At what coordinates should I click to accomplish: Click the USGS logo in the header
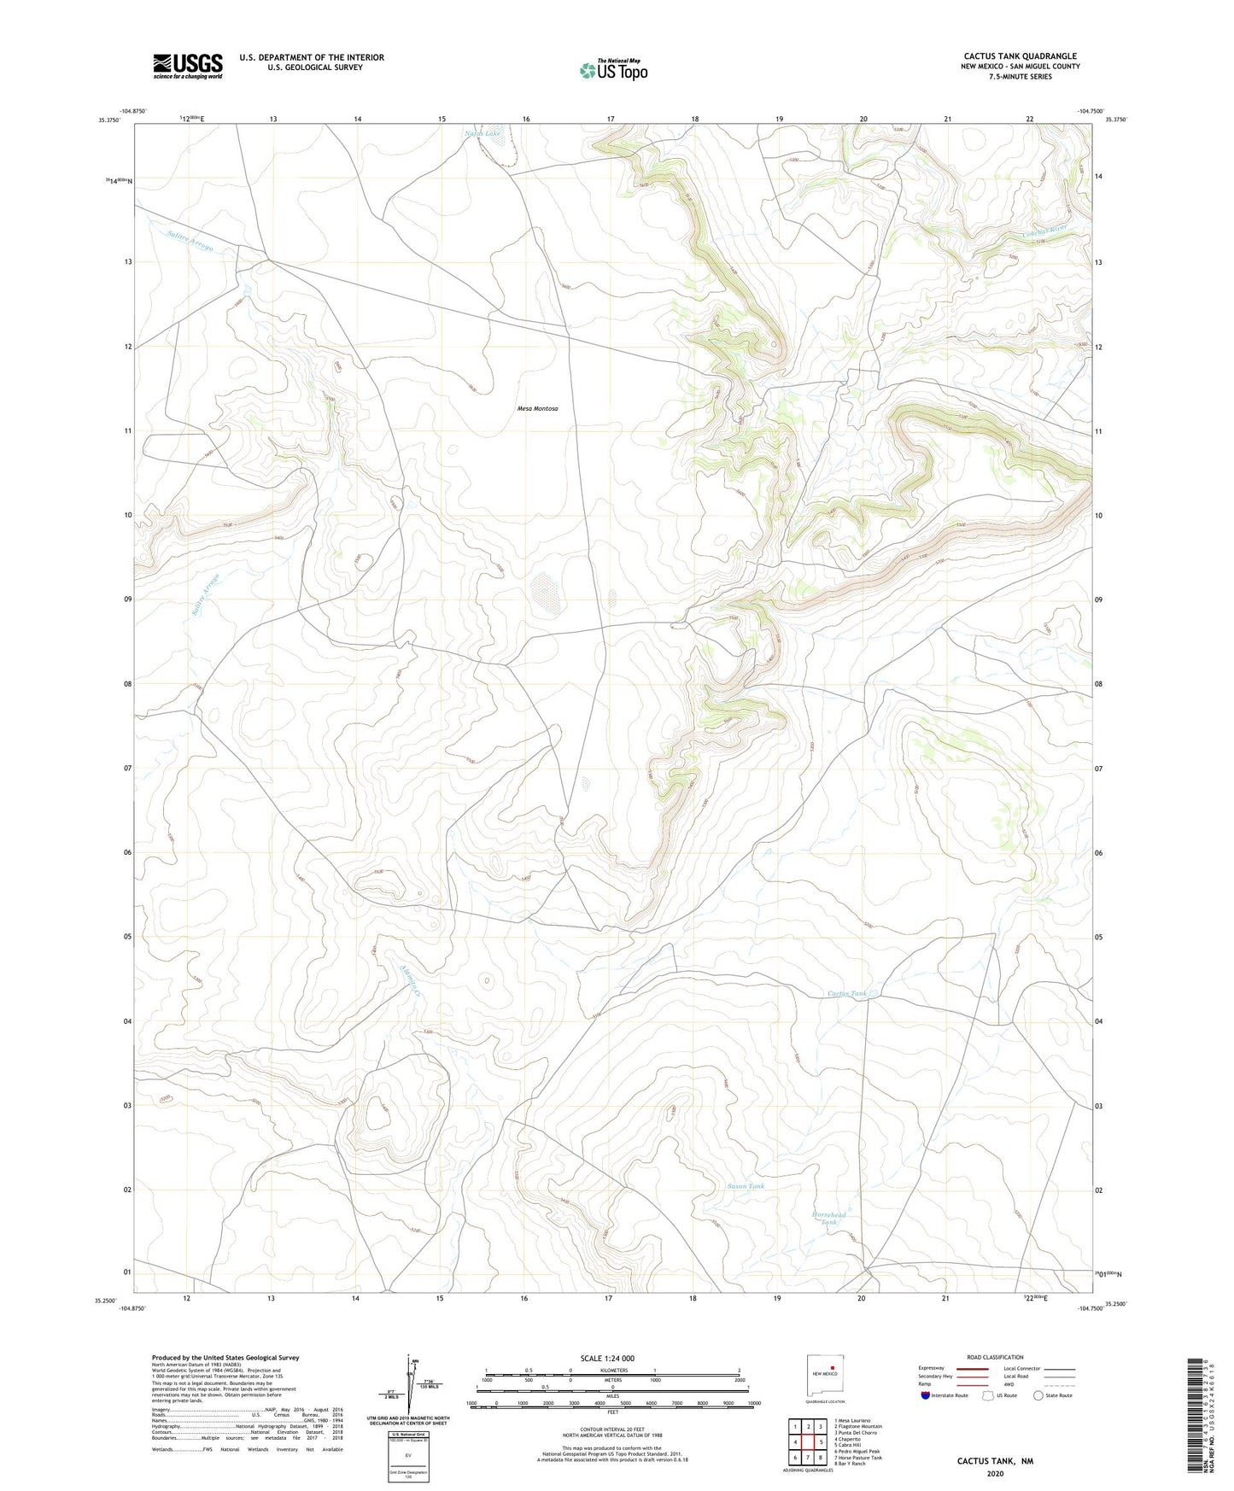coord(188,66)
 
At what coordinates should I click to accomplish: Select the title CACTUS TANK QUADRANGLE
coord(1020,56)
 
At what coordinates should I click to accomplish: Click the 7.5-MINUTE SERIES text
coord(1020,77)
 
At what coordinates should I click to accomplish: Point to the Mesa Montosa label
coord(537,409)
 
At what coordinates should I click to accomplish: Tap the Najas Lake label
coord(482,134)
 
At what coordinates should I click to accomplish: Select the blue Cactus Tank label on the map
coord(847,993)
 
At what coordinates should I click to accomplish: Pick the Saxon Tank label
coord(746,1186)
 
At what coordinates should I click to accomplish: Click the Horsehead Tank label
coord(828,1219)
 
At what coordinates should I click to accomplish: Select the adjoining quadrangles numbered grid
coord(807,1442)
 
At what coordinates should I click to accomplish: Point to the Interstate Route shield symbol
coord(926,1395)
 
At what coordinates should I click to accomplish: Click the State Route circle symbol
coord(1038,1395)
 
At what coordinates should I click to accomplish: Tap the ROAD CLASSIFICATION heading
coord(994,1357)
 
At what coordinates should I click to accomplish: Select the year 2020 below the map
coord(994,1473)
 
